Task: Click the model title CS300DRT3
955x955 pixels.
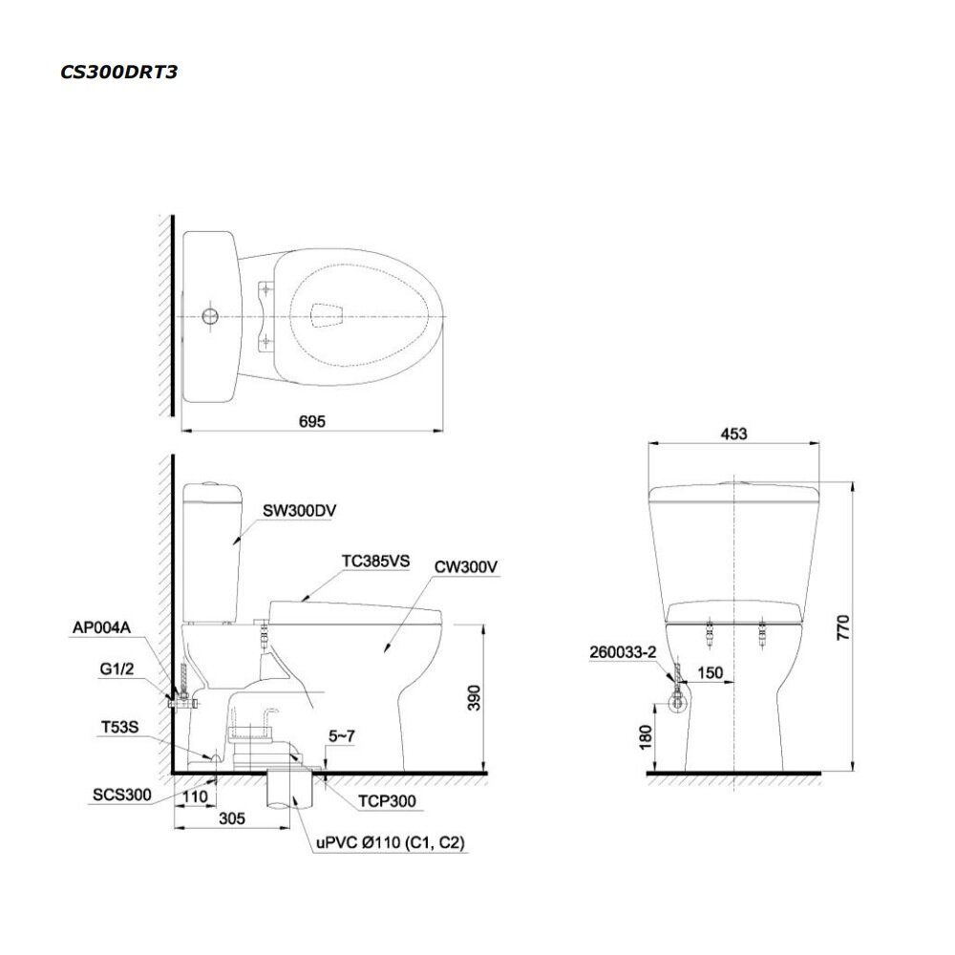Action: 118,72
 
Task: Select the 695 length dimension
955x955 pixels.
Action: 312,421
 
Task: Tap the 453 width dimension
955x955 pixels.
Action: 733,434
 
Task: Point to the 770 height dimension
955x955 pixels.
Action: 843,626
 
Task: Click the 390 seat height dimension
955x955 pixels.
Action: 474,697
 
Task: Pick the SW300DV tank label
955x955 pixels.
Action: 300,510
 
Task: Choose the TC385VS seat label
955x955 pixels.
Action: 375,561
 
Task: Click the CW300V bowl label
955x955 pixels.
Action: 466,567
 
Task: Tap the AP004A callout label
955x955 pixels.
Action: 102,627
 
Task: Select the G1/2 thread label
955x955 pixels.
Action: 117,669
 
